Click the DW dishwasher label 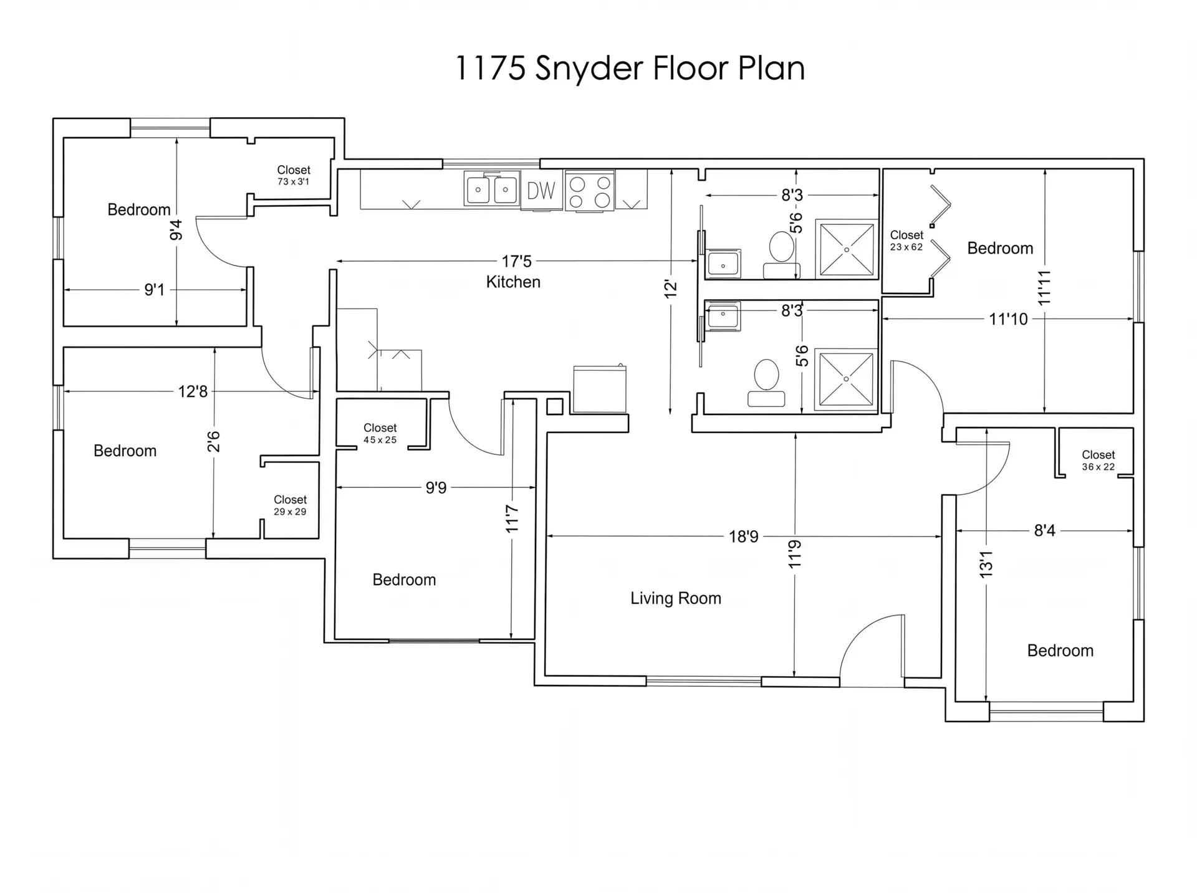tap(541, 191)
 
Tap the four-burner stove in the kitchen tap(590, 191)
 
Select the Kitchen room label tap(513, 282)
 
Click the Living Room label tap(676, 598)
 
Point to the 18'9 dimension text tap(744, 537)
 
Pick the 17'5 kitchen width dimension tap(517, 261)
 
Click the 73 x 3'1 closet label tap(293, 182)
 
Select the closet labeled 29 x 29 tap(290, 506)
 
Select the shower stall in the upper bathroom tap(847, 249)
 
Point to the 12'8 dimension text tap(193, 391)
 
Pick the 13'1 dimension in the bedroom tap(986, 565)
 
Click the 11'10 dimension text tap(1008, 319)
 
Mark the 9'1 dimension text tap(155, 290)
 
